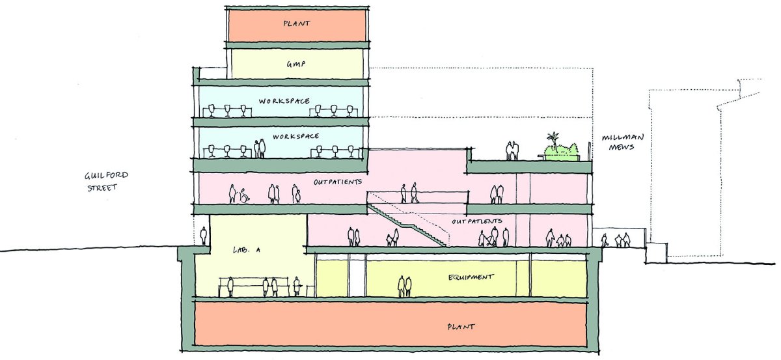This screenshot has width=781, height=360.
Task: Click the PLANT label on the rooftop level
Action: (296, 23)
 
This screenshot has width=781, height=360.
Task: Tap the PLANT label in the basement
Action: (461, 327)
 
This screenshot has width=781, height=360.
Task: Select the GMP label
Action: (296, 64)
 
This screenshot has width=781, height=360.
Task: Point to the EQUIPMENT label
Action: (471, 277)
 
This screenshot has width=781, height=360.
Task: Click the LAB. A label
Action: (247, 250)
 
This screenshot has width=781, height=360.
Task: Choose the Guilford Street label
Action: (106, 181)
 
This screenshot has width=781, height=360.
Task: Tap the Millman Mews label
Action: (623, 143)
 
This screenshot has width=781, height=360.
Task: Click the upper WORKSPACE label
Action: (284, 101)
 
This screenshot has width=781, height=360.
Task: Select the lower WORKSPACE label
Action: (295, 137)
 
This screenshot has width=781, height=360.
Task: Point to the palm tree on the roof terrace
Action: (553, 140)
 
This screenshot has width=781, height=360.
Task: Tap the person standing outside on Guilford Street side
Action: (203, 235)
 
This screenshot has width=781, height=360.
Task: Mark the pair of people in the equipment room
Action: (405, 286)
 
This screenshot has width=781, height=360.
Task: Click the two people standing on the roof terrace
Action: (512, 150)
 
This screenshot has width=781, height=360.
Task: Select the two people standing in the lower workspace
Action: (260, 148)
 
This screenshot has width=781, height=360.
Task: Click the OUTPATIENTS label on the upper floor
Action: (338, 182)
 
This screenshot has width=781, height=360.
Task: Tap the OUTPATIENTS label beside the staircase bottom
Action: (477, 221)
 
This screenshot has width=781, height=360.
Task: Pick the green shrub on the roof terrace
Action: (562, 152)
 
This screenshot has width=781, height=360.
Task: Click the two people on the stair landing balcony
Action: (409, 193)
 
